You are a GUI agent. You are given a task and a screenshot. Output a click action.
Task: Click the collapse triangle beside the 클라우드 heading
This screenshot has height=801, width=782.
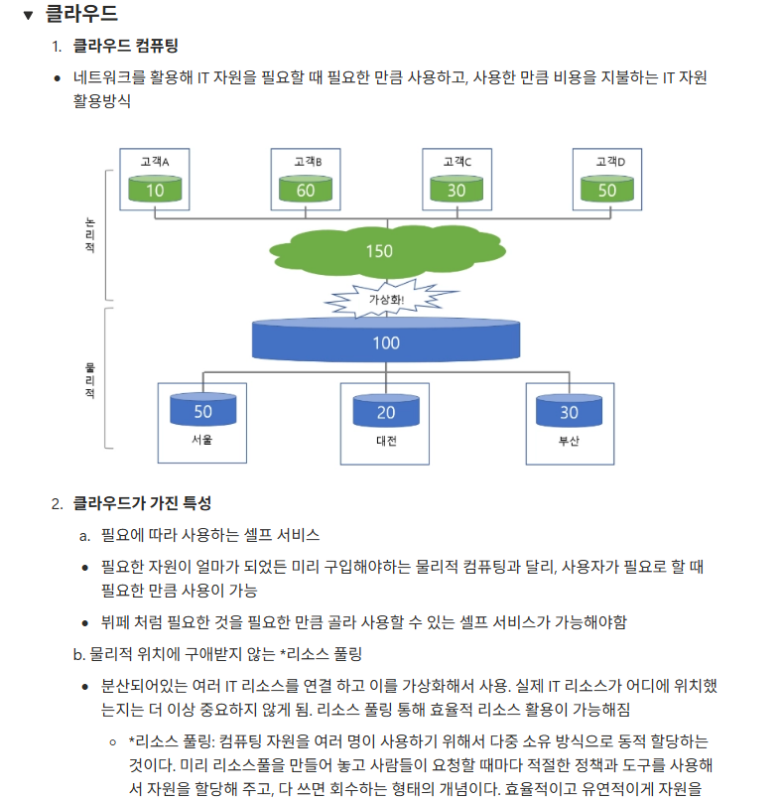point(27,15)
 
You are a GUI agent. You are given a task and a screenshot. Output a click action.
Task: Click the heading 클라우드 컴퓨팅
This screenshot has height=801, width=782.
point(126,46)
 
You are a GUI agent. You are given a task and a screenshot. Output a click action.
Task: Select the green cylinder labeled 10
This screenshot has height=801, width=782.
point(155,189)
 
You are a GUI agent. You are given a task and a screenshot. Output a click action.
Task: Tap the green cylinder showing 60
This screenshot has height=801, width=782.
point(306,189)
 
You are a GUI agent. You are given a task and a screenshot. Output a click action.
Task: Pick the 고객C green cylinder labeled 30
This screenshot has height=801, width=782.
point(456,189)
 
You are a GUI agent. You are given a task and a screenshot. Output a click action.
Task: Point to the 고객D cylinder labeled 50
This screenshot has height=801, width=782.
point(606,189)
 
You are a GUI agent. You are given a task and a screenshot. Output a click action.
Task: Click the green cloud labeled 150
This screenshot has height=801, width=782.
point(380,250)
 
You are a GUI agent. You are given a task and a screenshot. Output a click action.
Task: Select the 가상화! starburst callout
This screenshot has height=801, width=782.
point(386,298)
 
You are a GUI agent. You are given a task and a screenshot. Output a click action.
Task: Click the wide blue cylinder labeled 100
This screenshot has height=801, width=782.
point(386,341)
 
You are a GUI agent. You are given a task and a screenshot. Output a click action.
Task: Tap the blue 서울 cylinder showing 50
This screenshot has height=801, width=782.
point(202,411)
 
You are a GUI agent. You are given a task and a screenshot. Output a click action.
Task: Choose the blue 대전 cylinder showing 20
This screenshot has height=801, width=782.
point(386,411)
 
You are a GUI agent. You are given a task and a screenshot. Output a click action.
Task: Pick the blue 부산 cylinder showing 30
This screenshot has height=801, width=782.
point(569,411)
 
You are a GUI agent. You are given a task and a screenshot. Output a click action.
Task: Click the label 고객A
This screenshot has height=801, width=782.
point(155,161)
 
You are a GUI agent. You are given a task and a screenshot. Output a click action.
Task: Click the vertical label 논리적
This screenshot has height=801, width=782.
point(90,234)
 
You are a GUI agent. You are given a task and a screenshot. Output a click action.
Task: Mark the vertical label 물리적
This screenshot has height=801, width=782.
point(90,380)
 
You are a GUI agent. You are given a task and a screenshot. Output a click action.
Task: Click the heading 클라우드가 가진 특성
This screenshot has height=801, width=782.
point(142,504)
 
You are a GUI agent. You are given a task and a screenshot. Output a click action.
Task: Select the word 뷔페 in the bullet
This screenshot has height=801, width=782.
point(115,623)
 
